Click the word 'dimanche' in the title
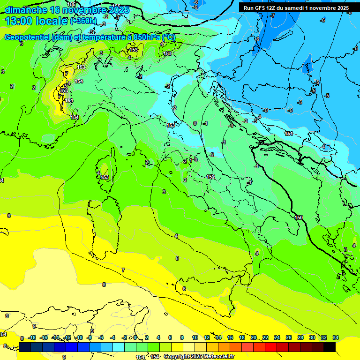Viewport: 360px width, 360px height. click(x=25, y=10)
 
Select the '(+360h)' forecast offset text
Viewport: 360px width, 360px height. click(x=83, y=21)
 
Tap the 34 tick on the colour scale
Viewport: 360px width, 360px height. click(x=335, y=337)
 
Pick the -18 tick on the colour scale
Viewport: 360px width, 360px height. click(x=32, y=337)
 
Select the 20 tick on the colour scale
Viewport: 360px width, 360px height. click(x=254, y=337)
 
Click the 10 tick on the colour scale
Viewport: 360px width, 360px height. click(x=195, y=337)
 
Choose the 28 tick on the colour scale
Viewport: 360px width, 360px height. click(x=300, y=337)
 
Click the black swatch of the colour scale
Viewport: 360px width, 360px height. click(x=330, y=347)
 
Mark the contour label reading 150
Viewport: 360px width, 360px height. click(x=299, y=217)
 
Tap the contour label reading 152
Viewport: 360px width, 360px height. click(x=210, y=176)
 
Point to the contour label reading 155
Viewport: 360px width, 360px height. click(x=71, y=4)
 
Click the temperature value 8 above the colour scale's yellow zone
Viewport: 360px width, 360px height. click(x=104, y=284)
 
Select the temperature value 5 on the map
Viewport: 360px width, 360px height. click(x=177, y=258)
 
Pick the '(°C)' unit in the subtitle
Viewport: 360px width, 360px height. click(x=169, y=37)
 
